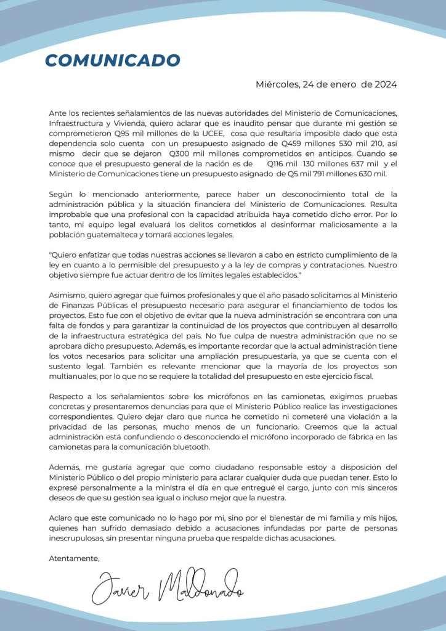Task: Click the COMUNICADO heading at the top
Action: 113,60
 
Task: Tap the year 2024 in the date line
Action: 385,84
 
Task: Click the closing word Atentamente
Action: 74,558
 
